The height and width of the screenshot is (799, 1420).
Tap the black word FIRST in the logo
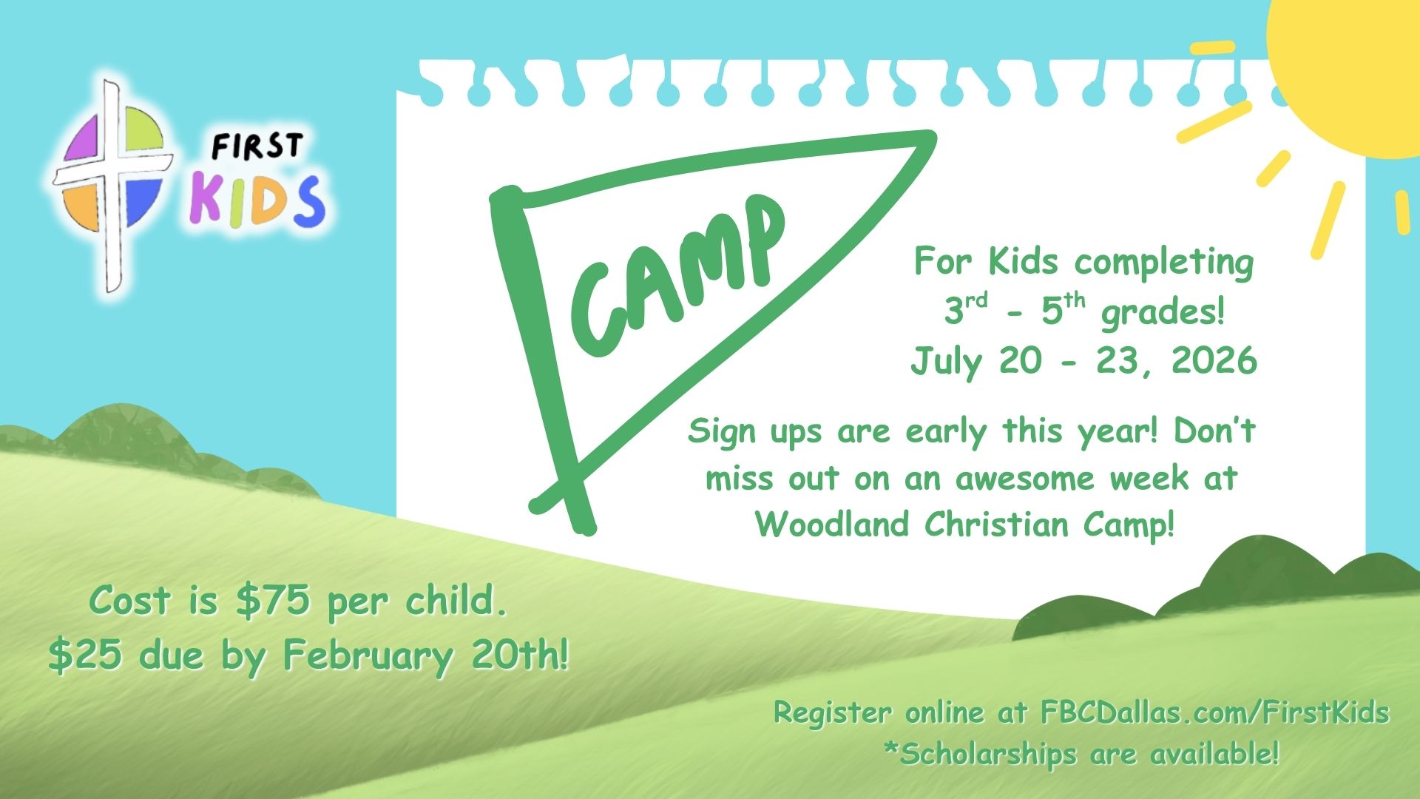pos(257,146)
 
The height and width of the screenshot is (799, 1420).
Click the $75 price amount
pos(271,601)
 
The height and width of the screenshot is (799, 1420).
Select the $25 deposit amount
pos(85,655)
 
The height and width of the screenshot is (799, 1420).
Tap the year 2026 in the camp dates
pos(1214,360)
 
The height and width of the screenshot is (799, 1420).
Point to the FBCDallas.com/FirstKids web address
pos(1215,713)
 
